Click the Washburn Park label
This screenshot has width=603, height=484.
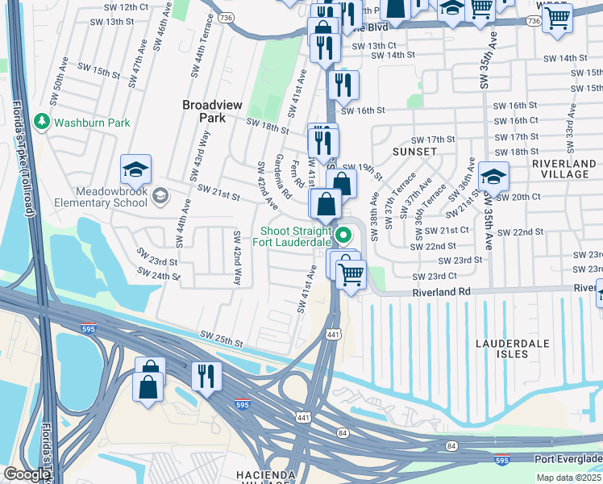pyautogui.click(x=91, y=123)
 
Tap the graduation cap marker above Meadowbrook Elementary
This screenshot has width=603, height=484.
pyautogui.click(x=135, y=170)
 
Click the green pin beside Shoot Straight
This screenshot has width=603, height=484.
pyautogui.click(x=344, y=236)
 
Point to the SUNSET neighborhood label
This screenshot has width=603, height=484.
pyautogui.click(x=414, y=152)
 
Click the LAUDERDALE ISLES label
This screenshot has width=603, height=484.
pyautogui.click(x=513, y=350)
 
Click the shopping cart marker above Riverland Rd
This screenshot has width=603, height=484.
pyautogui.click(x=351, y=275)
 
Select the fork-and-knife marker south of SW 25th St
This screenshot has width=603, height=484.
pyautogui.click(x=206, y=375)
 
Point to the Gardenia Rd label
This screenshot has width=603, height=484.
pyautogui.click(x=284, y=176)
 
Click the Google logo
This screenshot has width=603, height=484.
pyautogui.click(x=26, y=474)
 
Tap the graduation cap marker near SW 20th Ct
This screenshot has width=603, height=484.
pyautogui.click(x=493, y=176)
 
